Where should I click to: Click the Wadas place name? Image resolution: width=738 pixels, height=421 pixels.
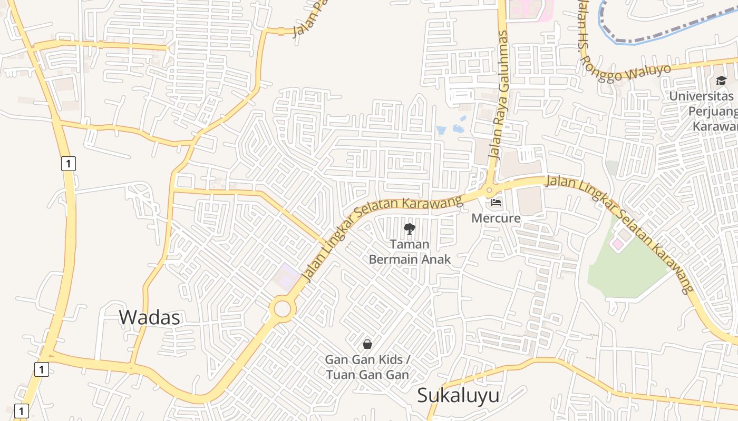(149, 317)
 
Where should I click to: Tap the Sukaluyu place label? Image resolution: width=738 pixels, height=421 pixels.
(458, 395)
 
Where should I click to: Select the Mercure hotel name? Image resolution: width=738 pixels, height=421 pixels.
(496, 218)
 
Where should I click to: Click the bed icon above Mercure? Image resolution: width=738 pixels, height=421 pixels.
(496, 202)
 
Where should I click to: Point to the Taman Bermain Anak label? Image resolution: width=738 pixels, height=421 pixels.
(410, 252)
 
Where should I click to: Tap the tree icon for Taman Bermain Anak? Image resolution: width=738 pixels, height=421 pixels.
(410, 229)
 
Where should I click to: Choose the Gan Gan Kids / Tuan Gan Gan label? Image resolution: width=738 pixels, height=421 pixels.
(367, 367)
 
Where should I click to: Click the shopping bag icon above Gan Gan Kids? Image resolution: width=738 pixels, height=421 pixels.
(367, 344)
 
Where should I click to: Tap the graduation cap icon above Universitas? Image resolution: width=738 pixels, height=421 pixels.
(721, 81)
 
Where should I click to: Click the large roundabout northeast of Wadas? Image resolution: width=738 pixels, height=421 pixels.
(282, 308)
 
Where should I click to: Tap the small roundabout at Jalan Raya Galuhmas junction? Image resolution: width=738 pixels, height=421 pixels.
(489, 190)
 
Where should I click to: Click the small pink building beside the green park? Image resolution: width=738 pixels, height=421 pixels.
(617, 244)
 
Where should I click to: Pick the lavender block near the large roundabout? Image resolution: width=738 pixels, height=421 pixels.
(285, 276)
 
